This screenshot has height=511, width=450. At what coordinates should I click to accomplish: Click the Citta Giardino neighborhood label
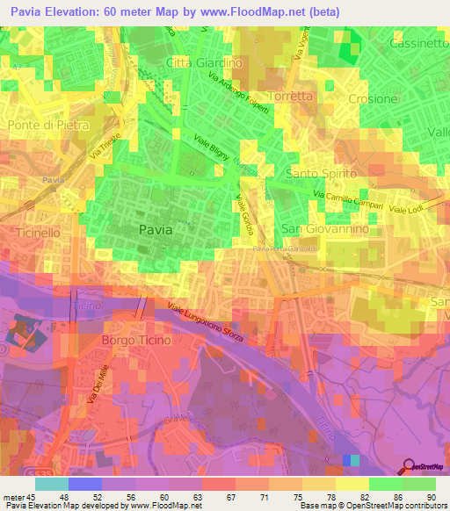204,63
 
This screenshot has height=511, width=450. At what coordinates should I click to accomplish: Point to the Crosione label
373,99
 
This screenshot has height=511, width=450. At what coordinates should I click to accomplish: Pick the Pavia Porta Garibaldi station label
290,248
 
